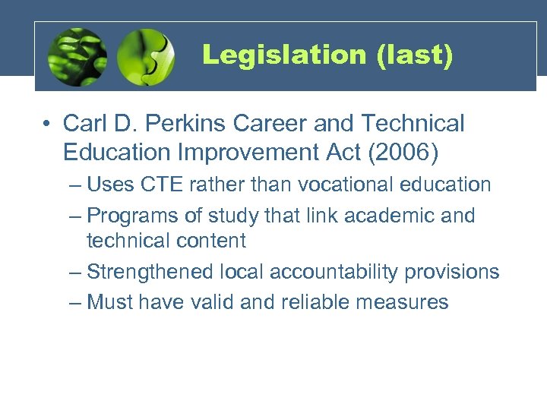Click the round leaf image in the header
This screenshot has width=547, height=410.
coord(77,57)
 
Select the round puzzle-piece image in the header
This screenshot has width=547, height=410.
coord(147,57)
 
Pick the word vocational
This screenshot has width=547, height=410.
coord(344,184)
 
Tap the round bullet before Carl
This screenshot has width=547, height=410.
coord(49,124)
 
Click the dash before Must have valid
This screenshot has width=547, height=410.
coord(74,302)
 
